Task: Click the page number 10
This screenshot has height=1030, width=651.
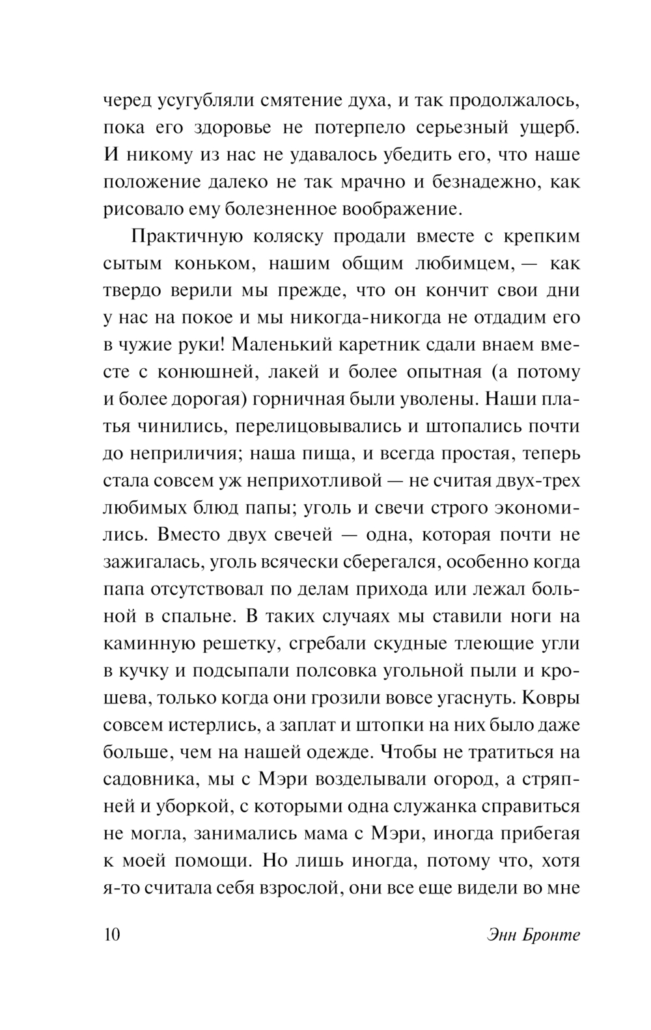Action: [111, 935]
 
